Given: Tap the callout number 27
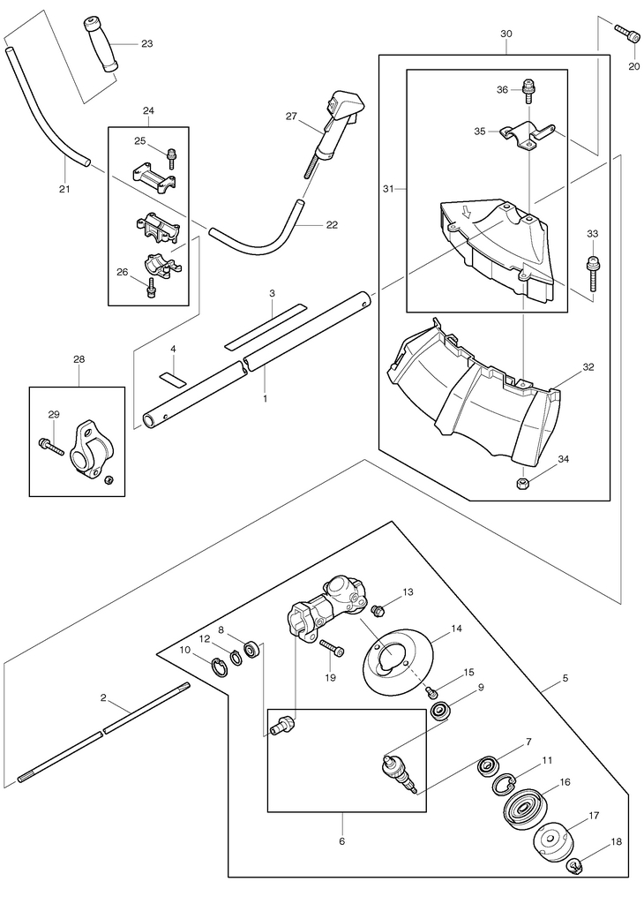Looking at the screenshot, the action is click(291, 116).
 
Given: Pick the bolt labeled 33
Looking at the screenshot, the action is click(593, 272).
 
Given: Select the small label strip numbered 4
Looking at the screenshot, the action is click(173, 378).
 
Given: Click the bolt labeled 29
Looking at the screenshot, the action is click(51, 446).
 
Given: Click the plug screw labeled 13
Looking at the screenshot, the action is click(378, 611).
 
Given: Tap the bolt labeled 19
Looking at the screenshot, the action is click(332, 648).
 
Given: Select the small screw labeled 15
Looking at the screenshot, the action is click(431, 692).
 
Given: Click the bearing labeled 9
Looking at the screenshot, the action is click(441, 711).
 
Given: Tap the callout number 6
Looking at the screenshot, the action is click(342, 841).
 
